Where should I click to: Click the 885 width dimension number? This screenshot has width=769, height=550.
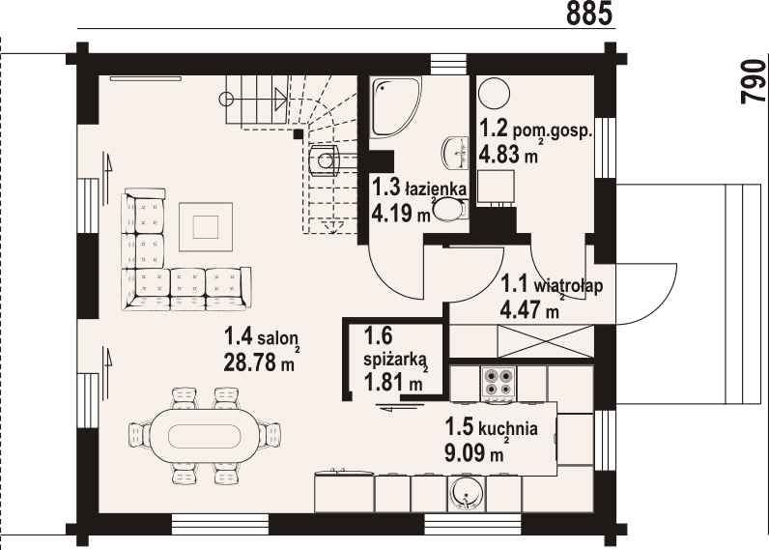589,14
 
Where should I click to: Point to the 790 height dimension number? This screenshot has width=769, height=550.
754,81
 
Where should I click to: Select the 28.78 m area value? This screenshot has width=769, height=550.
259,362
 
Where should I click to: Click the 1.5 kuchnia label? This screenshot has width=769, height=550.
491,428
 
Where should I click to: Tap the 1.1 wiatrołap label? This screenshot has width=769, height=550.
552,285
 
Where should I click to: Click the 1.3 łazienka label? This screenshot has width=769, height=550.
419,187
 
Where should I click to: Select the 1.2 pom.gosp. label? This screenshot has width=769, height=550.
536,130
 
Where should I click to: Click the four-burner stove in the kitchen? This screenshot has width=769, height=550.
499,382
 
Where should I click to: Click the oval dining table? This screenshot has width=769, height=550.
205,435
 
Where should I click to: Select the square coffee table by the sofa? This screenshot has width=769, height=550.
206,227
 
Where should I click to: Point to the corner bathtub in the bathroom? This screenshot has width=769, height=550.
395,105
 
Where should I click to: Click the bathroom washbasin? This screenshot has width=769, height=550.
455,152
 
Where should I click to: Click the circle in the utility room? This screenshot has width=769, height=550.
494,93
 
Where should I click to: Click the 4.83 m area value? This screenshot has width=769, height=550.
507,155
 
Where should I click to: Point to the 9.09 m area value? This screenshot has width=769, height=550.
473,452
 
